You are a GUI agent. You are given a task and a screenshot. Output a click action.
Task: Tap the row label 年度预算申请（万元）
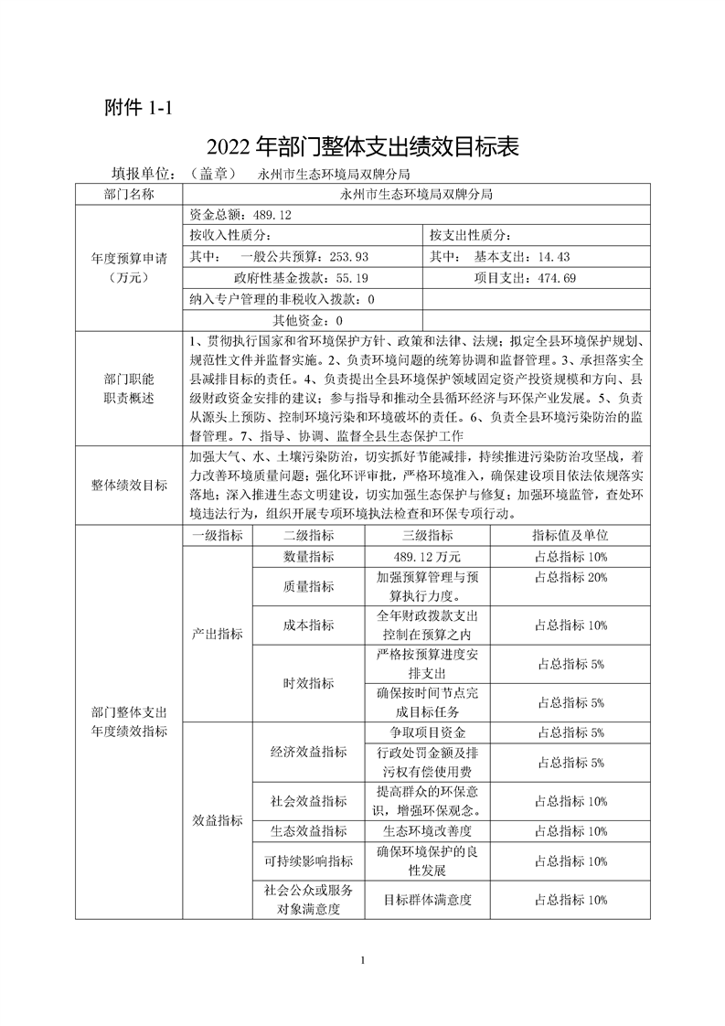[129, 267]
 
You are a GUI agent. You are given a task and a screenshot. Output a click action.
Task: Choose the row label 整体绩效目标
[129, 486]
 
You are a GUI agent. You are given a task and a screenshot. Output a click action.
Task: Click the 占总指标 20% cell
[570, 577]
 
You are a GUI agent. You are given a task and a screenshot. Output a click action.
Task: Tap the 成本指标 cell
[309, 626]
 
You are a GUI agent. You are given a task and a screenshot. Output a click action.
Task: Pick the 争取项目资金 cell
[427, 732]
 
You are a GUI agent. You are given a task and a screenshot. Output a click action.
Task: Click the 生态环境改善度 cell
[427, 831]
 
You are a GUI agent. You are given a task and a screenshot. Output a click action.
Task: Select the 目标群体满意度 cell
[427, 900]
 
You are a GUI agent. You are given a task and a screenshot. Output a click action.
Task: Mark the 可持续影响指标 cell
[309, 861]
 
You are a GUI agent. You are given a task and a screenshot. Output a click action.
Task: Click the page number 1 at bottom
[363, 960]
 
